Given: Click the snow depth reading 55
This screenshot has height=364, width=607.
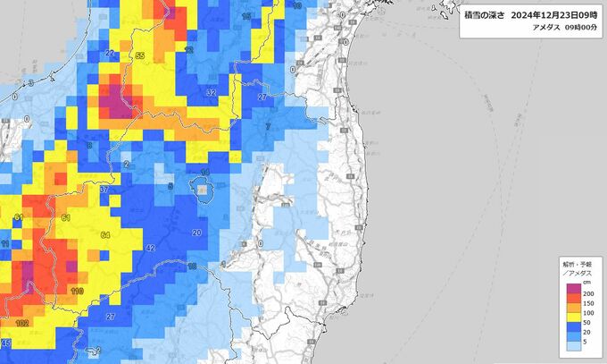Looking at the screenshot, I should (x=140, y=56).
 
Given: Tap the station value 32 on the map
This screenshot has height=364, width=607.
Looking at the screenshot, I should (x=212, y=92).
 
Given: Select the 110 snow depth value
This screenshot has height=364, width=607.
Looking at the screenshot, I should (x=77, y=292).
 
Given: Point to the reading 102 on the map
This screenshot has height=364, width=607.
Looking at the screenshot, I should (x=22, y=323).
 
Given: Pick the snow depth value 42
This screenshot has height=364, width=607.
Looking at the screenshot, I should (x=150, y=248).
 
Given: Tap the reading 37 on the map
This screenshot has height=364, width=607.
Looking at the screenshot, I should (x=104, y=190).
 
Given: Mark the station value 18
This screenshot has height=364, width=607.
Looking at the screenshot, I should (x=191, y=267).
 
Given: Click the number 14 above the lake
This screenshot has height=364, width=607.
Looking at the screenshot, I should (x=204, y=172).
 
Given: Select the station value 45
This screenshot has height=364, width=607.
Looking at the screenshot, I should (x=5, y=343).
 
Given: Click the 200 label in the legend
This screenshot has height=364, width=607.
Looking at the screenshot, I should (x=588, y=294).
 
